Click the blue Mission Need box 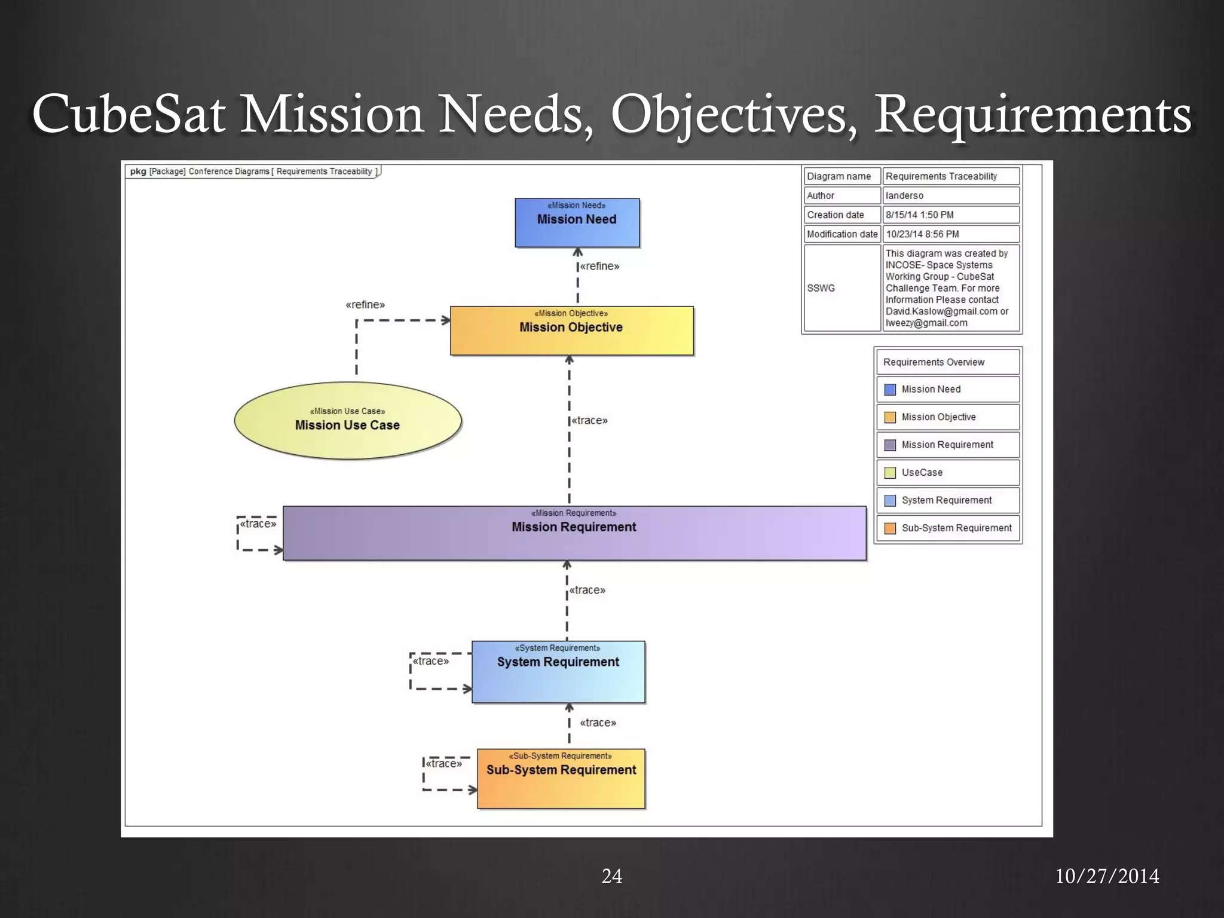coord(577,222)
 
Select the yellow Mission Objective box coord(571,331)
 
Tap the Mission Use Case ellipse coord(347,420)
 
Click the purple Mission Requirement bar coord(574,533)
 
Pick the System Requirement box coord(558,671)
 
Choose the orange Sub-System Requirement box coord(561,778)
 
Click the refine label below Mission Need coord(599,266)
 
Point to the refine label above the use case coord(365,305)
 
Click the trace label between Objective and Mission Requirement coord(589,420)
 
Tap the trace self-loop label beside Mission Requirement coord(258,524)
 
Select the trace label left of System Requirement coord(430,660)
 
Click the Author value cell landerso coord(950,195)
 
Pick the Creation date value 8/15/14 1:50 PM coord(950,215)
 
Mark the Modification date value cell coord(950,234)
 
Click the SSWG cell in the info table coord(841,288)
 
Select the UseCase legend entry coord(947,472)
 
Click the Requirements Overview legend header coord(947,362)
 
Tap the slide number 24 coord(611,876)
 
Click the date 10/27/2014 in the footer coord(1107,876)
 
